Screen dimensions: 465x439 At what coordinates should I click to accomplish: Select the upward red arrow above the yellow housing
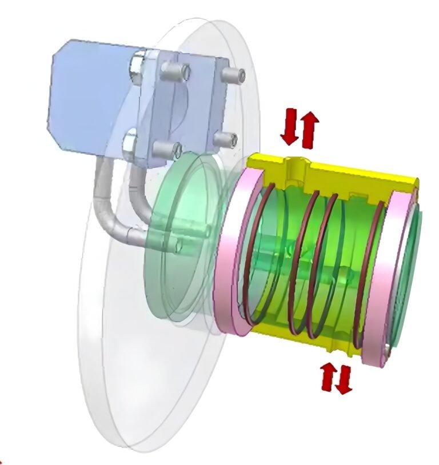(x=309, y=126)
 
